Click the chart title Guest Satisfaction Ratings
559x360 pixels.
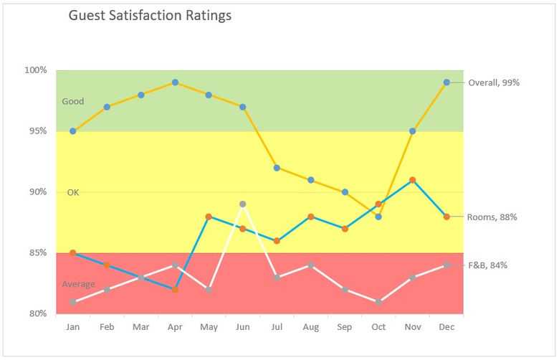[x=150, y=15]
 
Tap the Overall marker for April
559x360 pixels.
[x=175, y=82]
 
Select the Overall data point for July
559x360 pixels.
[x=277, y=168]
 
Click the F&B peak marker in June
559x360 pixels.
[x=243, y=204]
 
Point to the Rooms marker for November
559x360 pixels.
[x=413, y=180]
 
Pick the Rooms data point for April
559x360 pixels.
[x=175, y=290]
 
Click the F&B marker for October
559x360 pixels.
[x=378, y=301]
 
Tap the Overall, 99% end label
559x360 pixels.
[x=494, y=82]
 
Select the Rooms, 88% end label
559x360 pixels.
[x=492, y=217]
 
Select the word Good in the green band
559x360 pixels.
[x=73, y=102]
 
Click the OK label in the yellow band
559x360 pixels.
[x=73, y=193]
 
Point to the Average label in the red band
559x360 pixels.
[x=78, y=285]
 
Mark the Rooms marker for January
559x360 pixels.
[x=73, y=253]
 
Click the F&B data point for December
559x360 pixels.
[x=446, y=265]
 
